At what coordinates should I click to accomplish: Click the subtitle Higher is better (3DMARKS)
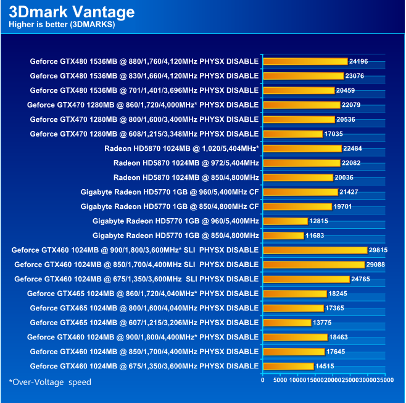click(x=62, y=25)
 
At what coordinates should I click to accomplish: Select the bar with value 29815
click(x=315, y=250)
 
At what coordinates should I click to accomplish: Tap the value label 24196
click(x=358, y=61)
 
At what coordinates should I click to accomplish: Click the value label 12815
click(x=320, y=221)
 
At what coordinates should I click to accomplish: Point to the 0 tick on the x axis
click(x=263, y=380)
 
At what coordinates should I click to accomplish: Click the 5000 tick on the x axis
click(x=280, y=380)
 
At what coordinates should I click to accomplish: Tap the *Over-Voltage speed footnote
click(x=50, y=382)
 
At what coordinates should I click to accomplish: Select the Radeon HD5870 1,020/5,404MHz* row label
click(x=181, y=148)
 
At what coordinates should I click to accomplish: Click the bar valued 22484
click(x=302, y=148)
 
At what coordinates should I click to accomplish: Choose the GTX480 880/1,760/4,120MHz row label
click(x=144, y=61)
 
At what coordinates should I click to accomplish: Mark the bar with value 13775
click(x=287, y=322)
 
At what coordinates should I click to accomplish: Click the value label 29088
click(x=378, y=265)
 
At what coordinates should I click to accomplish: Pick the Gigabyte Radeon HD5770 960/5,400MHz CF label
click(x=169, y=192)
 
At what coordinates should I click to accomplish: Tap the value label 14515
click(x=325, y=366)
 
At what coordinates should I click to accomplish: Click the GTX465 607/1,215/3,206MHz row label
click(x=144, y=322)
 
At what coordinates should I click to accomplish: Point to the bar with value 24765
click(x=306, y=279)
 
